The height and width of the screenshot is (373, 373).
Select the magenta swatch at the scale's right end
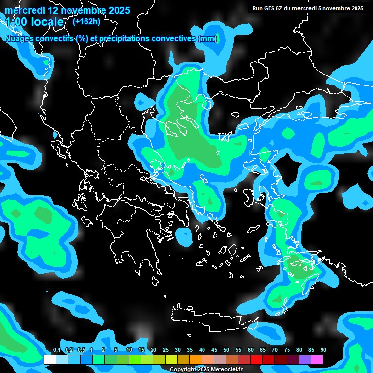click(x=317, y=359)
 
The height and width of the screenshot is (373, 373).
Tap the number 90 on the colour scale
click(x=323, y=350)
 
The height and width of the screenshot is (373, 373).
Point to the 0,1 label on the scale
click(x=57, y=350)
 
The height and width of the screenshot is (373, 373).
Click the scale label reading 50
click(x=226, y=350)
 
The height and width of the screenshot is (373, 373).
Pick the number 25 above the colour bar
click(x=166, y=350)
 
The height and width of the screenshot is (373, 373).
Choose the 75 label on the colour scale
click(x=287, y=350)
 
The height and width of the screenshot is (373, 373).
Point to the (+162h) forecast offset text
click(x=86, y=21)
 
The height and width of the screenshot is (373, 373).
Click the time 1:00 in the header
click(x=17, y=22)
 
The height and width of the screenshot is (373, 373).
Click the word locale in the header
click(x=49, y=22)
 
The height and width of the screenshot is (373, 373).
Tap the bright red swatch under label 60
click(x=256, y=359)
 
